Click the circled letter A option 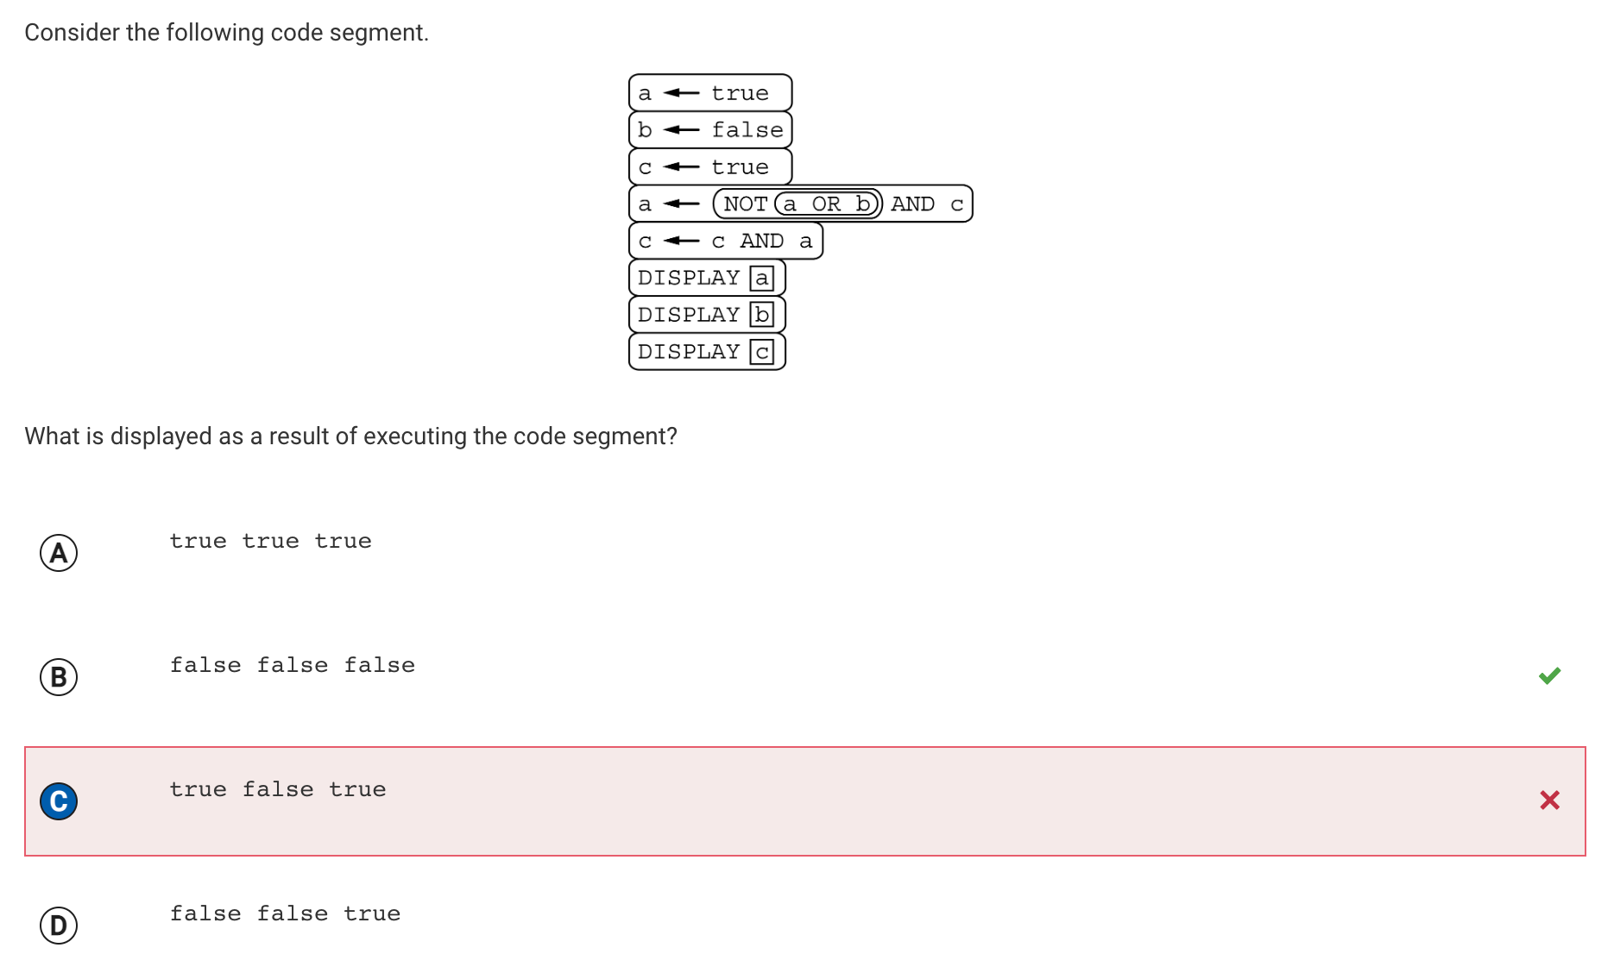pyautogui.click(x=59, y=553)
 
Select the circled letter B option pyautogui.click(x=59, y=677)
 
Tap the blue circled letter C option pyautogui.click(x=59, y=801)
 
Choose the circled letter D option pyautogui.click(x=59, y=926)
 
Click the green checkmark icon pyautogui.click(x=1549, y=675)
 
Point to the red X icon pyautogui.click(x=1549, y=800)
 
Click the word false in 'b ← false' pyautogui.click(x=747, y=130)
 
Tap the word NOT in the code pyautogui.click(x=746, y=204)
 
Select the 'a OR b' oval pyautogui.click(x=827, y=204)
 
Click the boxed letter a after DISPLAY pyautogui.click(x=761, y=278)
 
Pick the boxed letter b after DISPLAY pyautogui.click(x=761, y=315)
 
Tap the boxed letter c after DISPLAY pyautogui.click(x=761, y=352)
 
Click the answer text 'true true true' pyautogui.click(x=271, y=541)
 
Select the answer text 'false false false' pyautogui.click(x=293, y=665)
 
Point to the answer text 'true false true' pyautogui.click(x=278, y=789)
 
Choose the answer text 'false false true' pyautogui.click(x=285, y=913)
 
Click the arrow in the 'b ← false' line pyautogui.click(x=681, y=130)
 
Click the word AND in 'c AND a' pyautogui.click(x=762, y=242)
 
